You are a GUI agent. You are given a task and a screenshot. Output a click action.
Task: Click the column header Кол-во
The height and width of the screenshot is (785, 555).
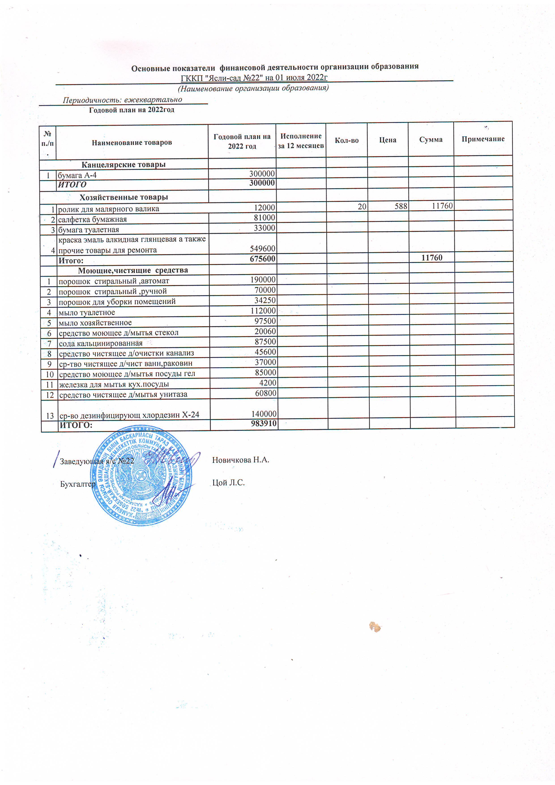(346, 140)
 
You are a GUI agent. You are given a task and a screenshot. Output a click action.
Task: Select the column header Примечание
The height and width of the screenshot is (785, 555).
(483, 139)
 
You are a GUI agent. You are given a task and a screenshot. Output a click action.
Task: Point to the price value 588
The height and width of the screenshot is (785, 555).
(401, 206)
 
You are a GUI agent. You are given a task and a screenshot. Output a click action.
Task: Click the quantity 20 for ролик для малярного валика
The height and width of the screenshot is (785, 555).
(362, 207)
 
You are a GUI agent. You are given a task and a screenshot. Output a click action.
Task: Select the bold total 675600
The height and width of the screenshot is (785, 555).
(262, 259)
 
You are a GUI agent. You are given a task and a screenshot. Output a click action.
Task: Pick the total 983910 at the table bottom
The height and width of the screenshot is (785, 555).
(263, 424)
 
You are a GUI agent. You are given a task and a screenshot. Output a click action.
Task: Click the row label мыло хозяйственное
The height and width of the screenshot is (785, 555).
(95, 323)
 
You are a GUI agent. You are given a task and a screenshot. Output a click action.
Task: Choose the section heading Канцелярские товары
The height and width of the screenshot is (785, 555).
(124, 164)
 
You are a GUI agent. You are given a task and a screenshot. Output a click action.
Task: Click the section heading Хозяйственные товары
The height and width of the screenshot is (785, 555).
(124, 197)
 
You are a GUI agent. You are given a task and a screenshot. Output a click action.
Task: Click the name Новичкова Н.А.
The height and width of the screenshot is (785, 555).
(240, 460)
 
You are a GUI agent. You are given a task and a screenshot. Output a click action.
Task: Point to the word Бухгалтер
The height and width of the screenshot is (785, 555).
(78, 484)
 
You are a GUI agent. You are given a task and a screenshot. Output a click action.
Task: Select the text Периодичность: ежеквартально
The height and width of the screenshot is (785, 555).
(122, 100)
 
